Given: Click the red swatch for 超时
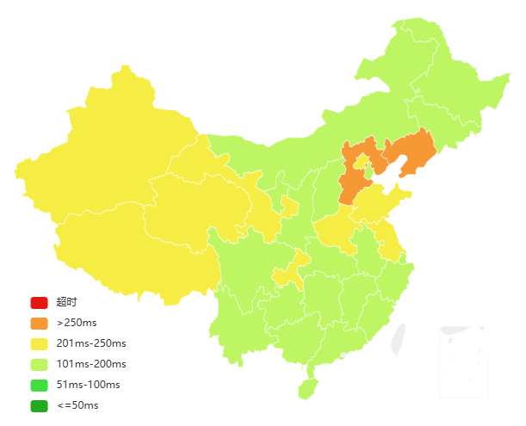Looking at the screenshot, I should click(x=39, y=302).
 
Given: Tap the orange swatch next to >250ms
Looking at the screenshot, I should click(x=39, y=323).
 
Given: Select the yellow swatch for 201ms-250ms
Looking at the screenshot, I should click(x=39, y=343).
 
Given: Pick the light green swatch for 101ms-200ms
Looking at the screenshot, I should click(x=39, y=364).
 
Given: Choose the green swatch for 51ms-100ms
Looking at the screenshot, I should click(x=39, y=385).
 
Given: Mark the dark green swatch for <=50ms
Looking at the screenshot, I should click(x=39, y=405).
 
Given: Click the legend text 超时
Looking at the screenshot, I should click(x=66, y=302).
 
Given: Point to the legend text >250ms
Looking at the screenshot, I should click(x=77, y=323).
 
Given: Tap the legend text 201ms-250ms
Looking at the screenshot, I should click(x=90, y=343).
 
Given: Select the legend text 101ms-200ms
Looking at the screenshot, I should click(x=90, y=364).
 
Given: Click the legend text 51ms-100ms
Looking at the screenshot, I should click(x=88, y=385).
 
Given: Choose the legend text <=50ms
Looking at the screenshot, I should click(x=77, y=405).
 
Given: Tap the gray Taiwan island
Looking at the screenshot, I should click(x=398, y=340).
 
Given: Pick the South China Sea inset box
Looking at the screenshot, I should click(x=463, y=361).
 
